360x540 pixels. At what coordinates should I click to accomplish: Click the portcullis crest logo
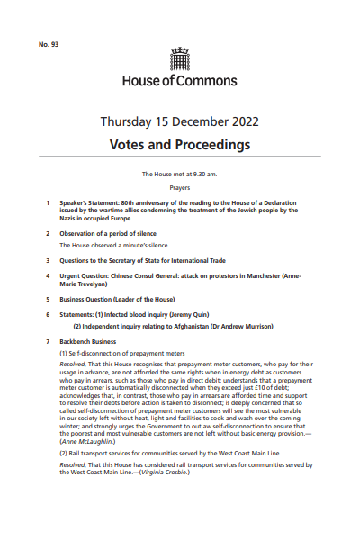180,60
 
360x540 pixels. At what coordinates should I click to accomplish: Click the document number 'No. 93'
49,44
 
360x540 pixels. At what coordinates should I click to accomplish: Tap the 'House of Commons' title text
180,80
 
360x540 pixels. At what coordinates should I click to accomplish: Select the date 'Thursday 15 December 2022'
180,121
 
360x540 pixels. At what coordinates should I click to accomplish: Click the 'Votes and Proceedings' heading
180,144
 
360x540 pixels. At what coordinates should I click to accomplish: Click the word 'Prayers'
180,188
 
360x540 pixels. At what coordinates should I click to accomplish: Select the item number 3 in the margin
48,259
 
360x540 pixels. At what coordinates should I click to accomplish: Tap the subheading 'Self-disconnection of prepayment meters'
121,356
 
